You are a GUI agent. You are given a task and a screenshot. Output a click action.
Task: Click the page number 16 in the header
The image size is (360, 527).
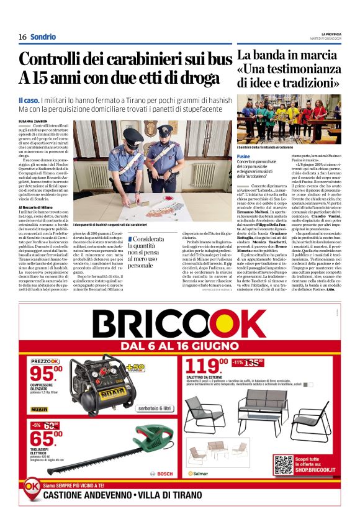22,37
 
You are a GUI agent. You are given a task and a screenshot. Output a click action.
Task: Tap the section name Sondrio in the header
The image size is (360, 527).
43,37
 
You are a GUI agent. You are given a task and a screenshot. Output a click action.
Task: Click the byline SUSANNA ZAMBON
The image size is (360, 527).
34,120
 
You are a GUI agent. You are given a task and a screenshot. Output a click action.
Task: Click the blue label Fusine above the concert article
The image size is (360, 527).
243,156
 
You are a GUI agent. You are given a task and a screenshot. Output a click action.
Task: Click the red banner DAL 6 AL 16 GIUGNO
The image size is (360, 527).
179,346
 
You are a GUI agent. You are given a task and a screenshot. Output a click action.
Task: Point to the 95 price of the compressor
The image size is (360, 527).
47,373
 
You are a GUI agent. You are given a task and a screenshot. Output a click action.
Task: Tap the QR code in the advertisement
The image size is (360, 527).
282,464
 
